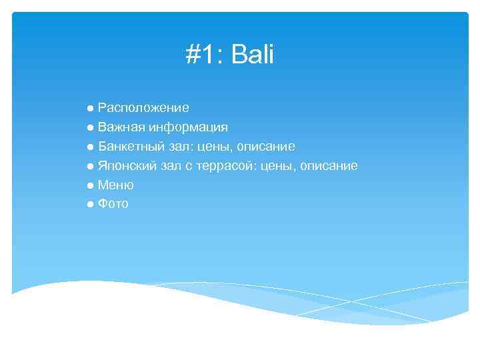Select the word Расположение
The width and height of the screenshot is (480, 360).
143,108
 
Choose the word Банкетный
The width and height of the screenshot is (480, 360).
130,146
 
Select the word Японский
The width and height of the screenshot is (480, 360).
126,165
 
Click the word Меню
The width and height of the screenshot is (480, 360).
116,185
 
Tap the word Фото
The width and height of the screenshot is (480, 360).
113,204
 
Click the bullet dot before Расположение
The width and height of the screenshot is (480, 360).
90,108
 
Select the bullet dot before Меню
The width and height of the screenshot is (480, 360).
90,185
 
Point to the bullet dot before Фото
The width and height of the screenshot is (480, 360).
90,204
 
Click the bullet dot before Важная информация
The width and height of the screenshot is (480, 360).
90,127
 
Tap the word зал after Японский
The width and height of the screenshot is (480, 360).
169,165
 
